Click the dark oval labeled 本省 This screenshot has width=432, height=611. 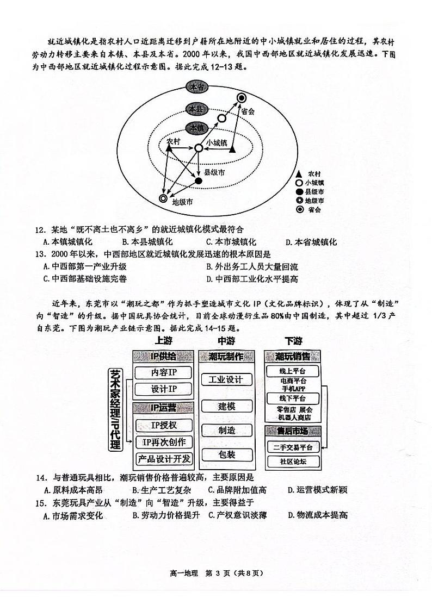coord(196,87)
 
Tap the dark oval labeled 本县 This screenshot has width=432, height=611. coord(196,109)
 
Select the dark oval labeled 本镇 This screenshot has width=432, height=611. coord(196,128)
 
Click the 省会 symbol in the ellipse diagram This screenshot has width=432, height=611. coord(241,98)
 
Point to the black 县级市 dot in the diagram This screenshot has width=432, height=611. coord(199,180)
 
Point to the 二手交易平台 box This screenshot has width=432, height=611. coord(293,447)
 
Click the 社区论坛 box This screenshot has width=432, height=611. coord(293,462)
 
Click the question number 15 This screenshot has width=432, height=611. coord(41,503)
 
